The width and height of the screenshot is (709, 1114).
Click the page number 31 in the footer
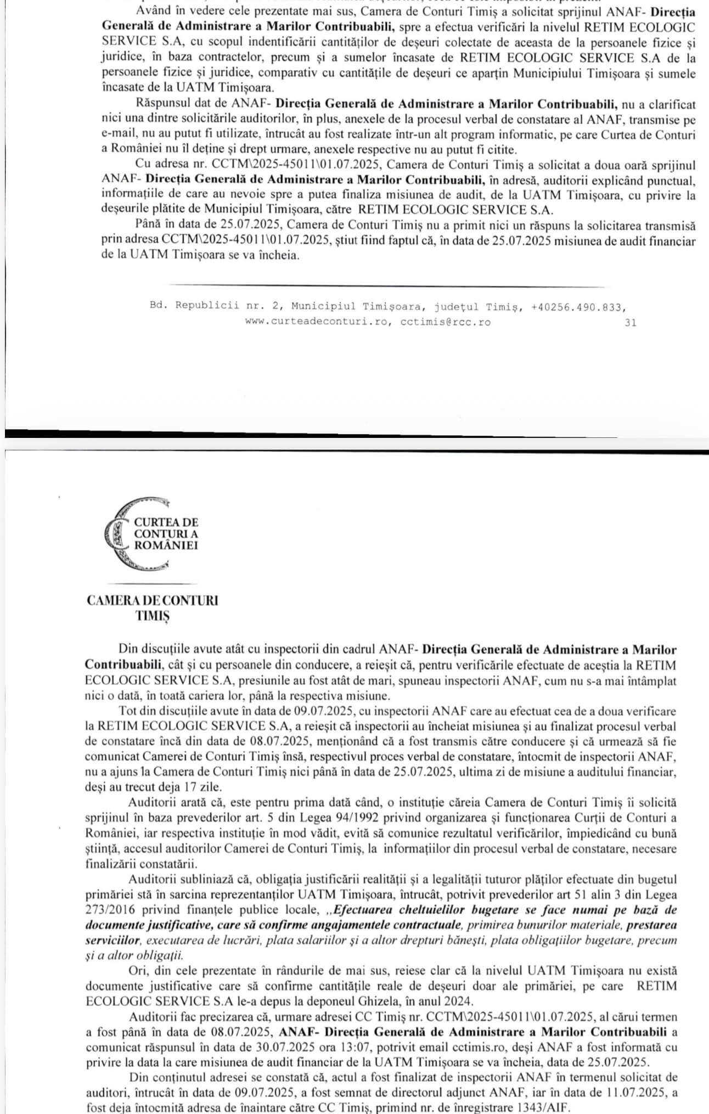click(631, 323)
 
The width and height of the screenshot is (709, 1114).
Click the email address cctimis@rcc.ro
click(445, 323)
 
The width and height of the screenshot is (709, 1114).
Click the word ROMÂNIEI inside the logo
click(166, 545)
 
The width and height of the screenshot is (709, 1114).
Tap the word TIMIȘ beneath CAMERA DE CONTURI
click(153, 616)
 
